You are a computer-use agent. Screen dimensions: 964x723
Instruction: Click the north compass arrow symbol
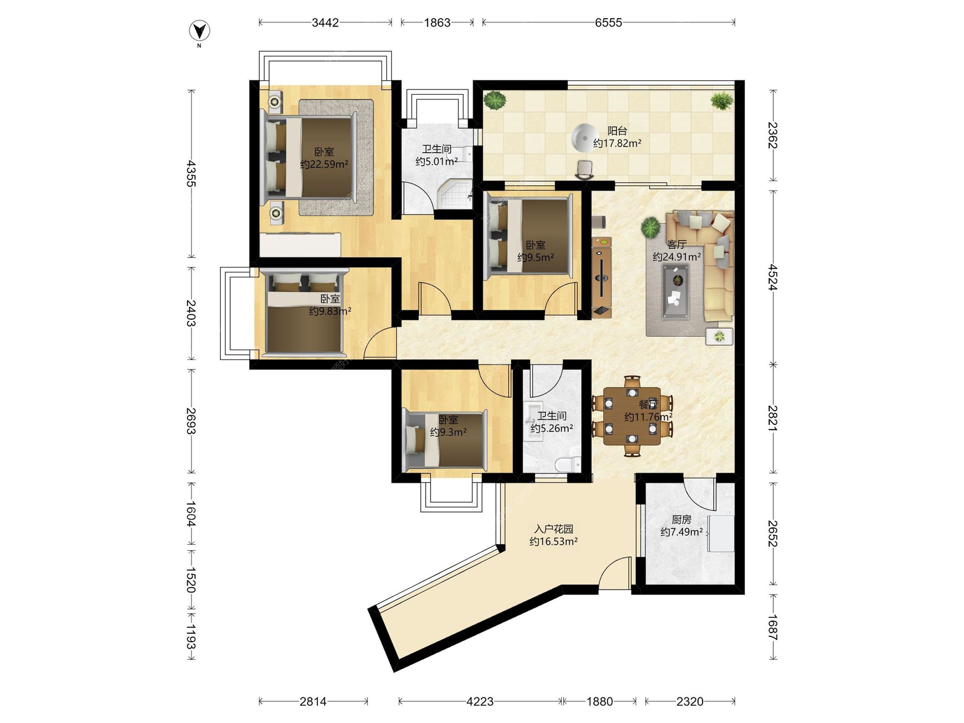pos(199,31)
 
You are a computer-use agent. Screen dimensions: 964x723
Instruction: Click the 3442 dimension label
pos(325,23)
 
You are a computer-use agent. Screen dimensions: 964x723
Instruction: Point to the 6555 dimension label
pos(609,23)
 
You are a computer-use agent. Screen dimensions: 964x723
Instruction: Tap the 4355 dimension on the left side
pos(191,173)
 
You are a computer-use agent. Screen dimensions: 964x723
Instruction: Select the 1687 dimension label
pos(773,628)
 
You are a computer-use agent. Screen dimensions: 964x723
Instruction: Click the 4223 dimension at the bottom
pos(480,701)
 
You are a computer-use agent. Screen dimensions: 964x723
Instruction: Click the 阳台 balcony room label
pos(617,131)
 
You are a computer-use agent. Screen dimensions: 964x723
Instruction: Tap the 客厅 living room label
pos(676,245)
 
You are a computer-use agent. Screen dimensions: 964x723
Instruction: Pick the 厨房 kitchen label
pos(681,520)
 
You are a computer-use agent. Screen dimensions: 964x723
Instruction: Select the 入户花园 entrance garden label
pos(553,529)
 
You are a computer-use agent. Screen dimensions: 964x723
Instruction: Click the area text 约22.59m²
pos(324,164)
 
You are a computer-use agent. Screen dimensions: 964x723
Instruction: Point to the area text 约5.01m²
pos(437,161)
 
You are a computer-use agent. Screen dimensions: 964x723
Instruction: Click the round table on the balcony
pos(584,138)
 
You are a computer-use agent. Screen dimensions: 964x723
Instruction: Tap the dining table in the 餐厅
pos(632,416)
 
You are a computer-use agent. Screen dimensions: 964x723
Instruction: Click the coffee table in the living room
pos(676,292)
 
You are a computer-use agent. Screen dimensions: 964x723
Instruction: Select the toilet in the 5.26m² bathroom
pos(568,464)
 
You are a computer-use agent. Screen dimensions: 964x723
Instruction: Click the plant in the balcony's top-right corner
pos(721,100)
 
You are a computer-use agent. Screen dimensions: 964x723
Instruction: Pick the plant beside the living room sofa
pos(651,227)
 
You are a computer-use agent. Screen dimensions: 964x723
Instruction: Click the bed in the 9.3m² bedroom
pos(445,440)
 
